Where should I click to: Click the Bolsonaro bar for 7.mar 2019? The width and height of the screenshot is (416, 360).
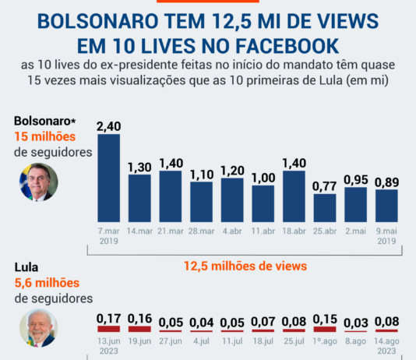[x=108, y=178]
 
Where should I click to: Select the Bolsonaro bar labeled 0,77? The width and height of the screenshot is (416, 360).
[x=325, y=208]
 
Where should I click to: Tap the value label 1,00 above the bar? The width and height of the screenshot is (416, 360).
[x=263, y=178]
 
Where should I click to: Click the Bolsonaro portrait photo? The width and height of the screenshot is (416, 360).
[x=37, y=182]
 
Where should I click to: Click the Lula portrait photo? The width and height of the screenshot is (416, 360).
[x=37, y=328]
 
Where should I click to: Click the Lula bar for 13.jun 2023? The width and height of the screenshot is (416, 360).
[x=108, y=329]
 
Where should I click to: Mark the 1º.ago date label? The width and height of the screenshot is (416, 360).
[x=325, y=341]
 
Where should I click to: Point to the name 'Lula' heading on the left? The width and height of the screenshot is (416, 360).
[x=27, y=269]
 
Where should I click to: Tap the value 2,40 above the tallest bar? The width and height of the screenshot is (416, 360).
[x=108, y=125]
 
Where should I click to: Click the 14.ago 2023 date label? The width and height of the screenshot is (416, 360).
[x=386, y=345]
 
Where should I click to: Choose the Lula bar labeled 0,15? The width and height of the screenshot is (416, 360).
[x=325, y=329]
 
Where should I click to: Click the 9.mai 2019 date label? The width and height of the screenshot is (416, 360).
[x=386, y=236]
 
